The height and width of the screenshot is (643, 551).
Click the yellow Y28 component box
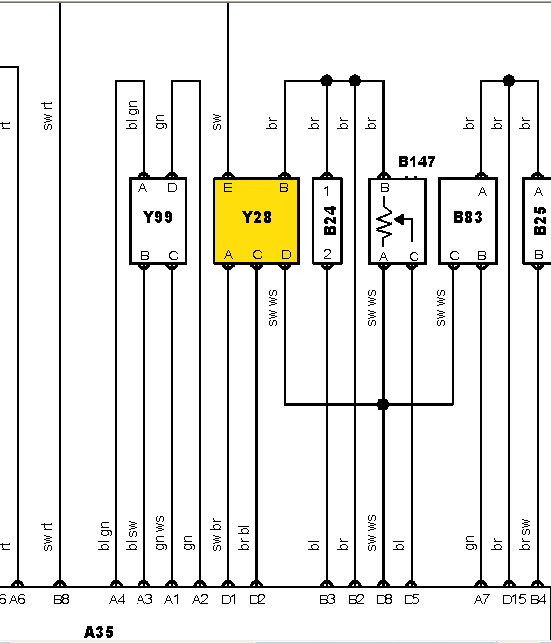click(x=257, y=221)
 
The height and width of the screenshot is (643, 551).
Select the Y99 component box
click(x=158, y=221)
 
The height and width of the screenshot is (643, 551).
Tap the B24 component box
click(x=327, y=221)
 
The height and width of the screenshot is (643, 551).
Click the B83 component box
click(x=468, y=221)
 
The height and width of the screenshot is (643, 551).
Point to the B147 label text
click(x=416, y=161)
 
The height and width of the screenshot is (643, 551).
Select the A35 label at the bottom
click(x=99, y=632)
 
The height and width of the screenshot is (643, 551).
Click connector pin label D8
click(x=384, y=599)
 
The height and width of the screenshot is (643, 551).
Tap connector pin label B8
click(x=61, y=599)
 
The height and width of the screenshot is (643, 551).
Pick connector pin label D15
click(x=514, y=599)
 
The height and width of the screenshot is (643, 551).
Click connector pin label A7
click(x=481, y=599)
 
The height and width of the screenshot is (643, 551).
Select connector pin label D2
click(x=257, y=599)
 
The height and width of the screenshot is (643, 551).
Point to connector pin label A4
click(x=117, y=599)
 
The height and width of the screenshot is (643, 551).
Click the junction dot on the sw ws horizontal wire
click(x=383, y=405)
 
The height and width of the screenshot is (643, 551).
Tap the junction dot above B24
click(x=327, y=80)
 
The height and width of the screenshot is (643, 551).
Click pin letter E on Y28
click(x=228, y=188)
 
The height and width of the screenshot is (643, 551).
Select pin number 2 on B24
click(x=327, y=254)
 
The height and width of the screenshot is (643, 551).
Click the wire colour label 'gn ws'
click(x=160, y=532)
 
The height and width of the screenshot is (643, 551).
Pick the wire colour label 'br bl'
click(x=243, y=538)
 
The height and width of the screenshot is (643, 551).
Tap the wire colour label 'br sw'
click(x=525, y=534)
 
